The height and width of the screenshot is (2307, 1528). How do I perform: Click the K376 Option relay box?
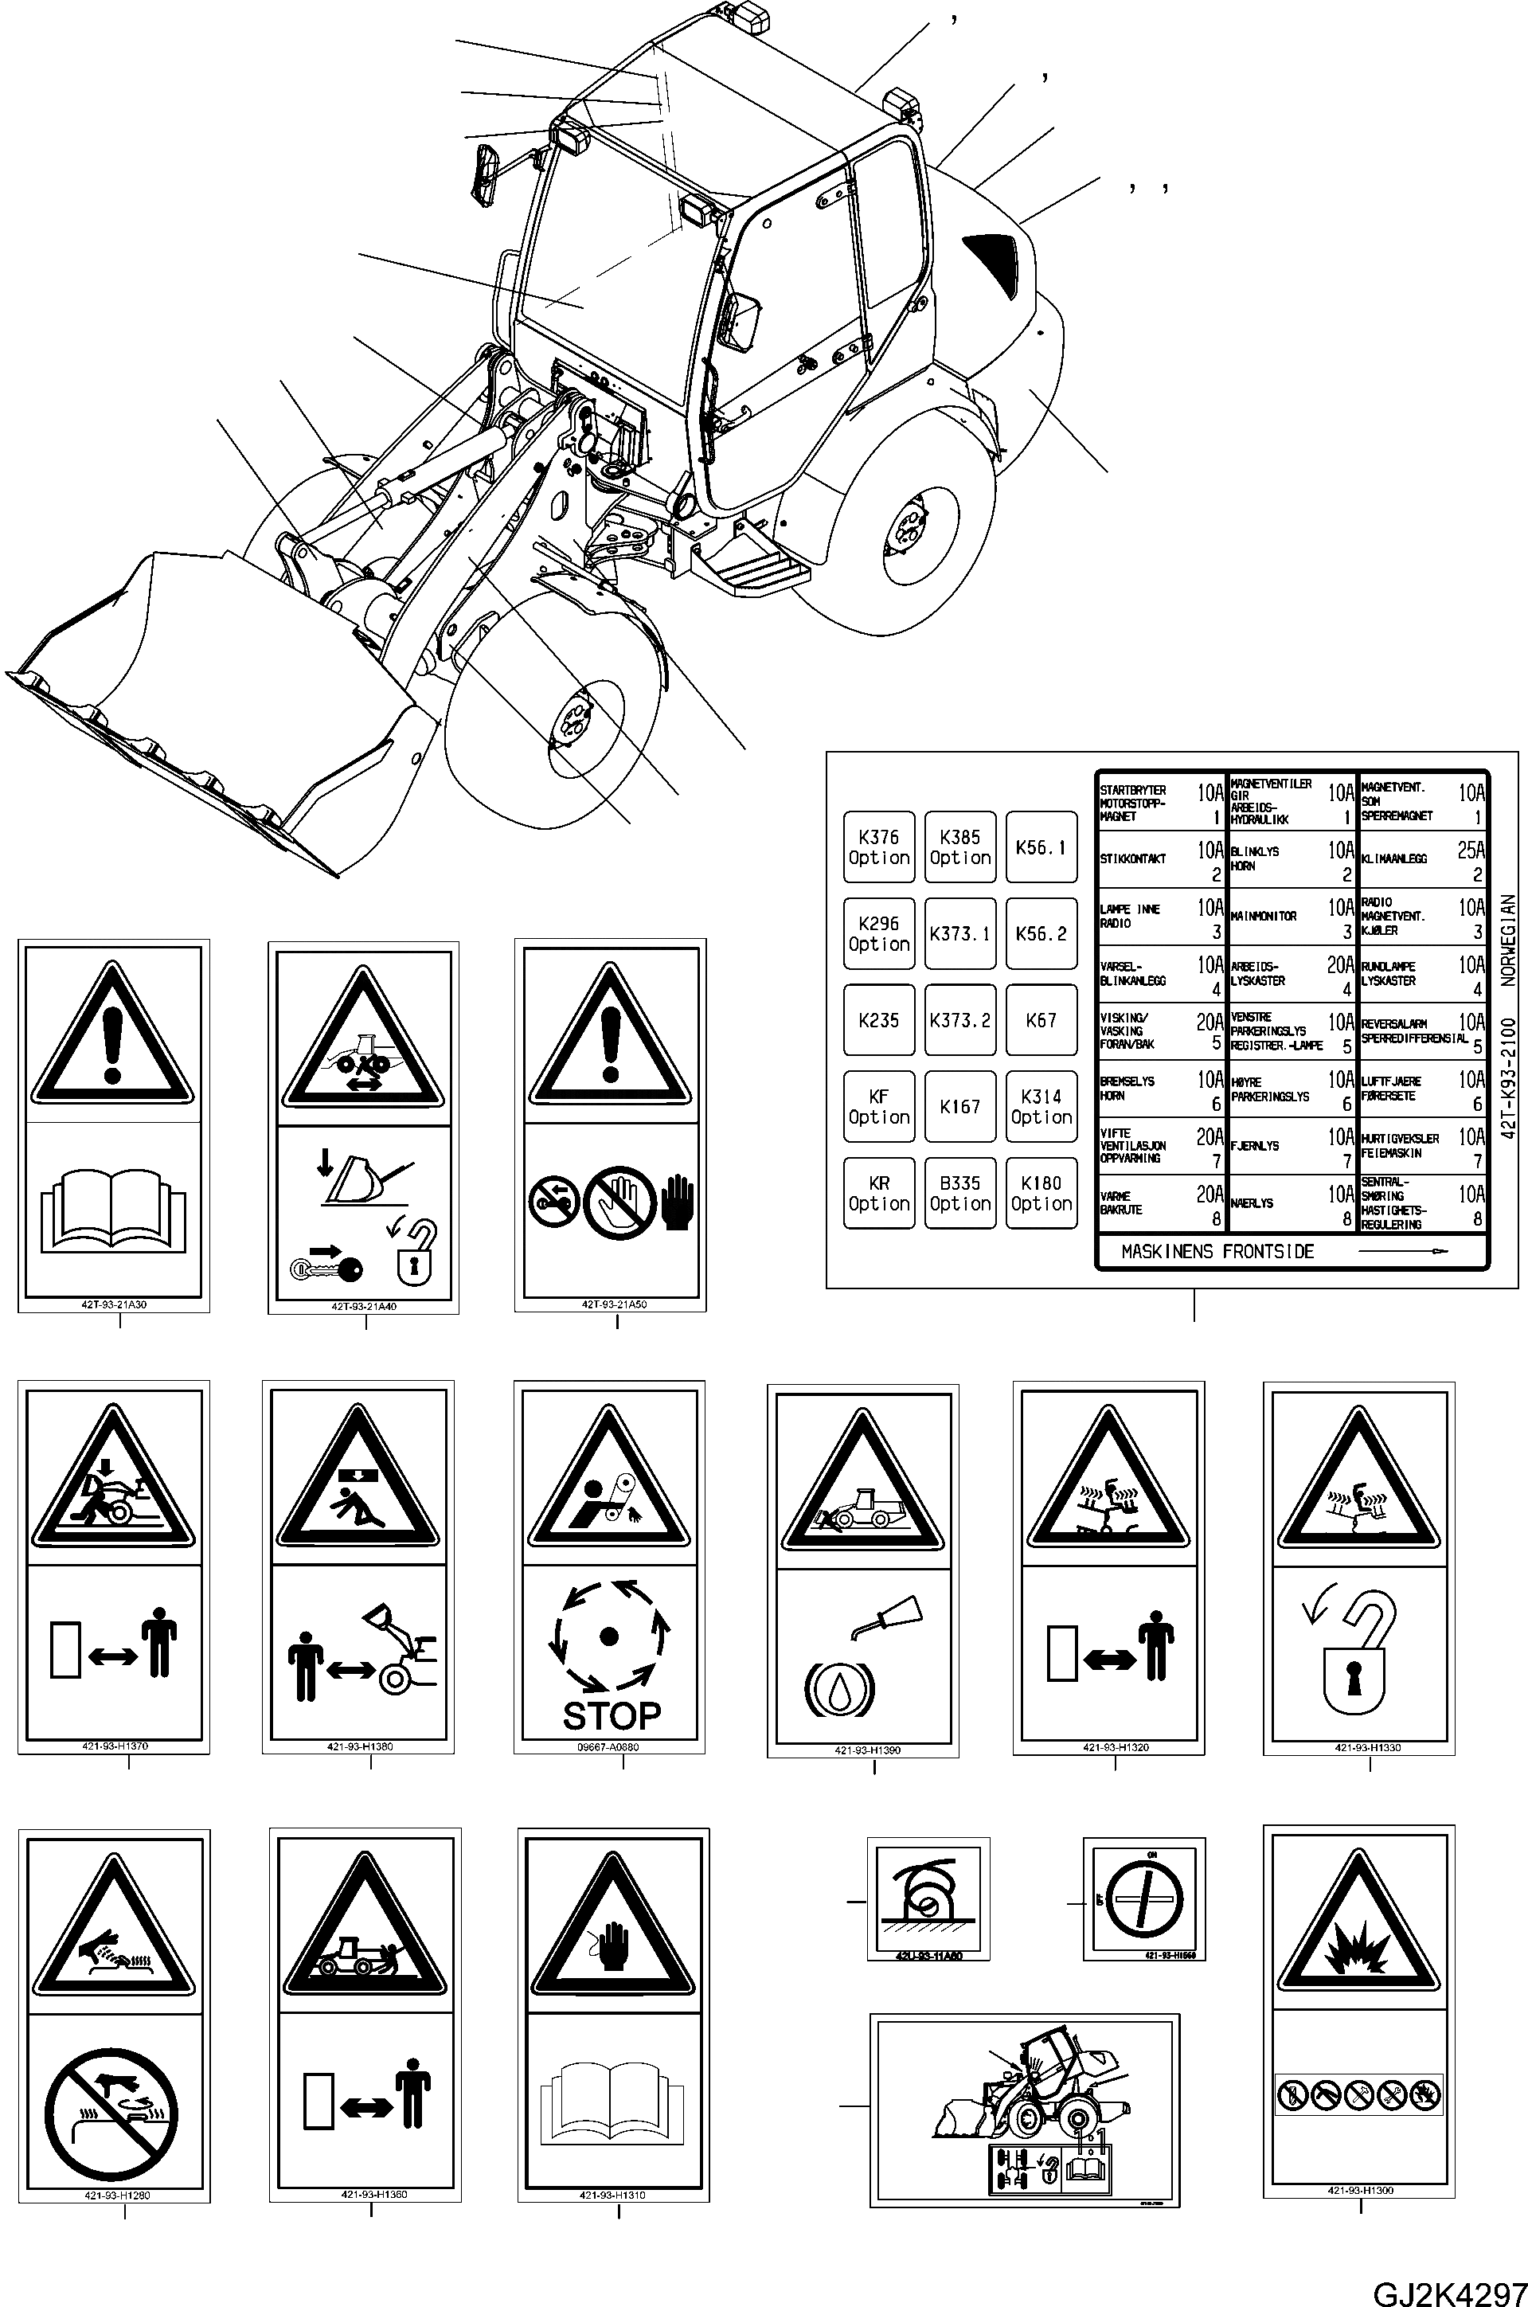click(x=878, y=847)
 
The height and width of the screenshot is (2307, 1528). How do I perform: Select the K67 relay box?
click(x=1041, y=1019)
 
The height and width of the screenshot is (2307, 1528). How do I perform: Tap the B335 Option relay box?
click(x=959, y=1193)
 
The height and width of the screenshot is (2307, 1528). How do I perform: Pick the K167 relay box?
click(x=959, y=1106)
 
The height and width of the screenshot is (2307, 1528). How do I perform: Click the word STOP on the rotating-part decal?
click(x=611, y=1715)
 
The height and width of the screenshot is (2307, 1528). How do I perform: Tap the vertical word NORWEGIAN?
click(x=1509, y=943)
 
